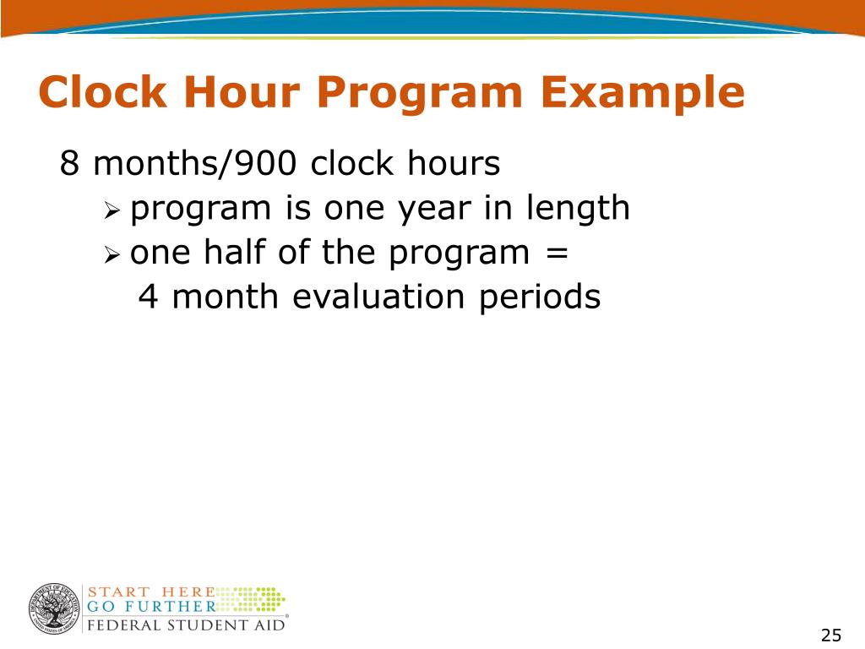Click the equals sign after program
(558, 254)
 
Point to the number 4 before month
(147, 297)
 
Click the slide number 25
(831, 635)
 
